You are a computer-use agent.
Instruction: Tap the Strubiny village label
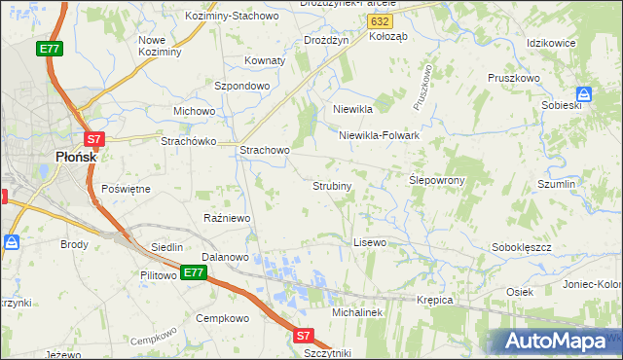pos(332,185)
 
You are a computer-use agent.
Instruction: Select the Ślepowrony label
pos(436,181)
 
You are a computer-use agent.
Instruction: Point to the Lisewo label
pos(370,241)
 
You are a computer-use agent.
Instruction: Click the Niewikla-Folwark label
pos(379,136)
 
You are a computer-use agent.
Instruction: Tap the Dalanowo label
pos(225,257)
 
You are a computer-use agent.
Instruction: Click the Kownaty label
pos(265,60)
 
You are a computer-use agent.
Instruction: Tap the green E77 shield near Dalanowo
pos(193,273)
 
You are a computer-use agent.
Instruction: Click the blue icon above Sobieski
pos(583,94)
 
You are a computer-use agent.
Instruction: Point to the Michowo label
pos(194,111)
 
